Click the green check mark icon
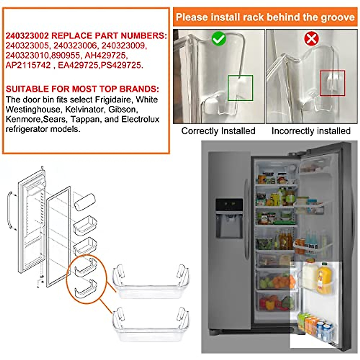coord(219,39)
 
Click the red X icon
coord(311,39)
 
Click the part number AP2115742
coord(28,65)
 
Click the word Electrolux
coord(140,119)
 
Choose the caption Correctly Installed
coord(218,131)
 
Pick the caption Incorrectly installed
coord(311,131)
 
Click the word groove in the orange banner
coord(338,17)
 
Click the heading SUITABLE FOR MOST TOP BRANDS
coord(82,89)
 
